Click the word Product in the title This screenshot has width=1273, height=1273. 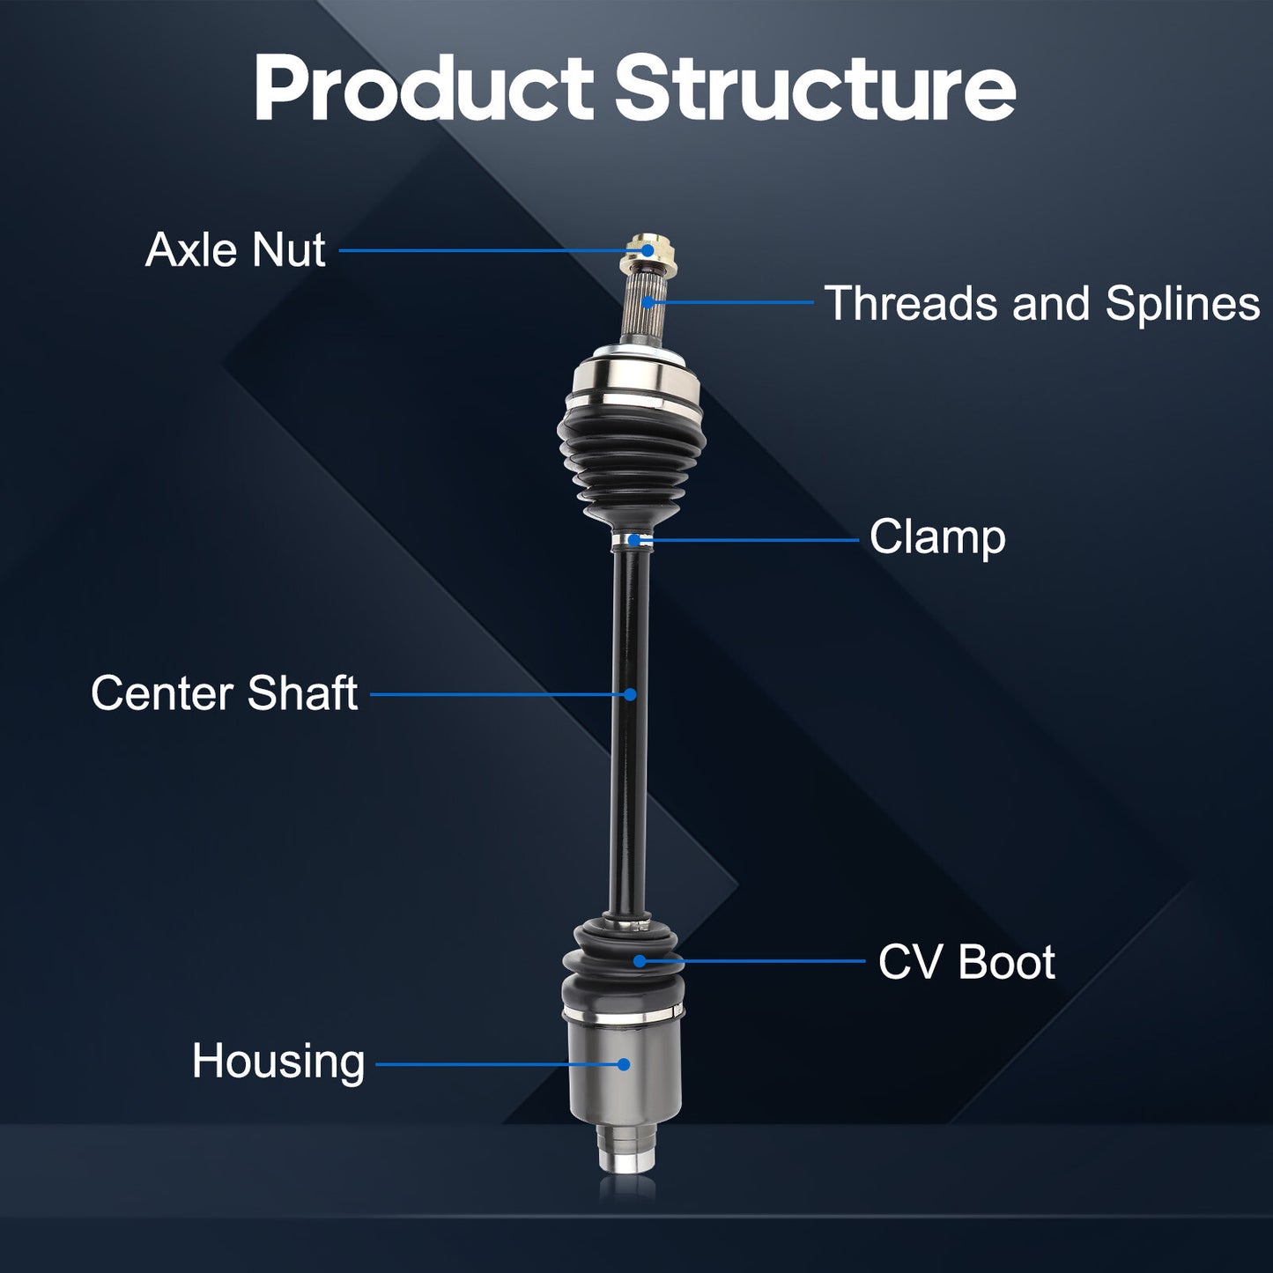click(x=424, y=88)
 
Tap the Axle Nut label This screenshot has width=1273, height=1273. click(x=235, y=249)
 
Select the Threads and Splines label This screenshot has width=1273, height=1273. click(x=1042, y=303)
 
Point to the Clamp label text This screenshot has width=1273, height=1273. click(x=937, y=537)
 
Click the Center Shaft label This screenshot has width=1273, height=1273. click(x=225, y=693)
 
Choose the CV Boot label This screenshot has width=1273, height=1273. click(x=966, y=962)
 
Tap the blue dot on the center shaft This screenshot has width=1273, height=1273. click(x=630, y=694)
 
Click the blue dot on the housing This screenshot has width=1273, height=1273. click(x=624, y=1064)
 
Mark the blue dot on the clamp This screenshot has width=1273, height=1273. click(x=633, y=540)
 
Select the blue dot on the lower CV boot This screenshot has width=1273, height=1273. click(x=639, y=960)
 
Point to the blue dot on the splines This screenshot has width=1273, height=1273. click(x=648, y=302)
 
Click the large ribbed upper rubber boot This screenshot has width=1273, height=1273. click(x=631, y=463)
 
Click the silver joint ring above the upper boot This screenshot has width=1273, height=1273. click(x=634, y=379)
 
